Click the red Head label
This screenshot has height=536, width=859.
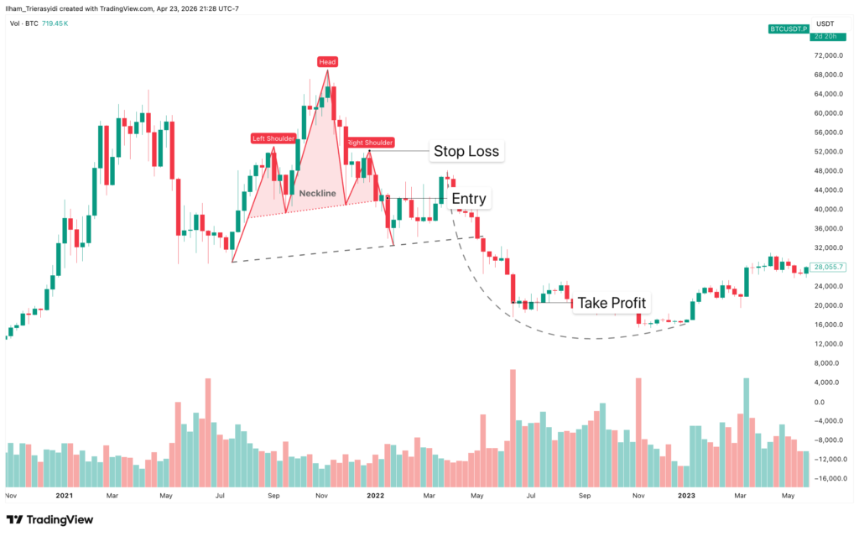(327, 61)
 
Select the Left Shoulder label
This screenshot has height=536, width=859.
(273, 138)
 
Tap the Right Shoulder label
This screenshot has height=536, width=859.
(370, 143)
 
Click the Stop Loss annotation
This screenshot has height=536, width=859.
(466, 152)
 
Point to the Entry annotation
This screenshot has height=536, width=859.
(468, 199)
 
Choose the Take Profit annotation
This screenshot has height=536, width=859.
(612, 303)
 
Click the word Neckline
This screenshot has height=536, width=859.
(317, 194)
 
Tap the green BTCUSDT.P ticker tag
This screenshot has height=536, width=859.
(789, 29)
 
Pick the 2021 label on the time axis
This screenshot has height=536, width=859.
(64, 496)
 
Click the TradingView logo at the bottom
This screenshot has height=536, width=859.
(50, 519)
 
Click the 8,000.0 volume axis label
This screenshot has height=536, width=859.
(829, 363)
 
